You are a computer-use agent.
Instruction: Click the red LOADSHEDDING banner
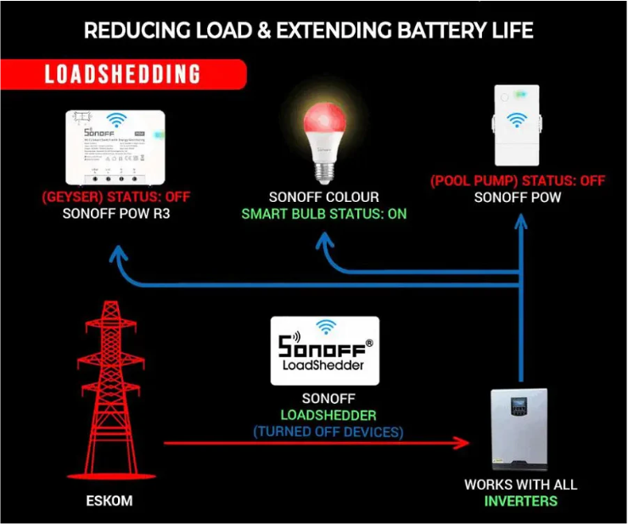pos(123,74)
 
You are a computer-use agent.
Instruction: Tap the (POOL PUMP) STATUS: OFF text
pos(518,181)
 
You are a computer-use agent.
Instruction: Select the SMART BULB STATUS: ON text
pos(324,214)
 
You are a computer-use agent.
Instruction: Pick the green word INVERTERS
pos(521,501)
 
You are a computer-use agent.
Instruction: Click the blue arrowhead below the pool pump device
pos(519,224)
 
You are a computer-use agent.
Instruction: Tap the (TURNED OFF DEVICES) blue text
pos(328,432)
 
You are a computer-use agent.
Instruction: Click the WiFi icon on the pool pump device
pos(515,121)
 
